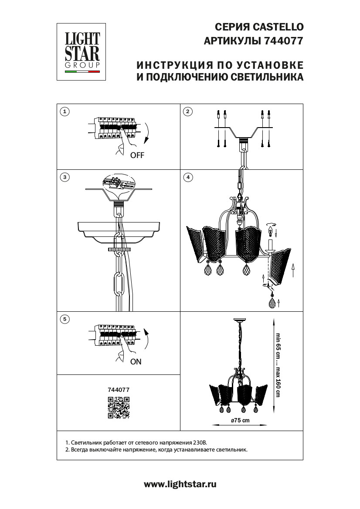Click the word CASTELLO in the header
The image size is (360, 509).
[x=279, y=27]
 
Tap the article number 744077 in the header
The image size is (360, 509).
[x=283, y=41]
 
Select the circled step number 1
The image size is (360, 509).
[x=65, y=111]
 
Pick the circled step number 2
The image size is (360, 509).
[x=187, y=111]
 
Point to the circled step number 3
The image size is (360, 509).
[x=65, y=177]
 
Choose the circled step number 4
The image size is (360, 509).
[x=187, y=177]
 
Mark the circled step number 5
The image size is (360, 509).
[x=65, y=319]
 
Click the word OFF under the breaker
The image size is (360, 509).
[x=137, y=155]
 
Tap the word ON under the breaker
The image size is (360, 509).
[x=136, y=361]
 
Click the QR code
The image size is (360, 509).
[x=119, y=408]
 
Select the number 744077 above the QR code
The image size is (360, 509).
[x=119, y=391]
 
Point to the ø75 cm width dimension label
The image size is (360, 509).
[x=240, y=420]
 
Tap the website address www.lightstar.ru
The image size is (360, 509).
[x=180, y=484]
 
